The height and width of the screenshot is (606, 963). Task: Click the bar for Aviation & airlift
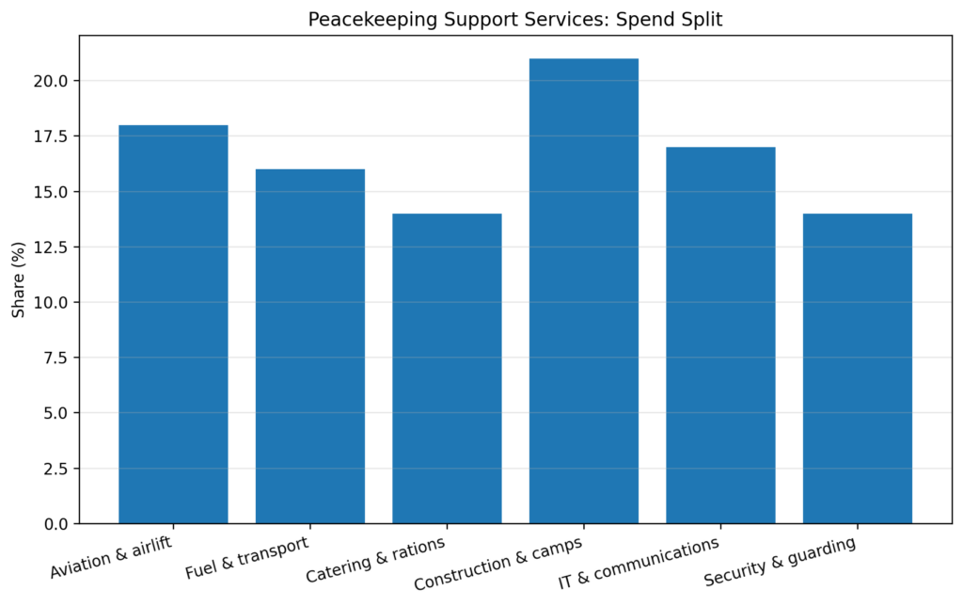(x=173, y=325)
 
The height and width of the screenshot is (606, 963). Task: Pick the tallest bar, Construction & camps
(x=583, y=291)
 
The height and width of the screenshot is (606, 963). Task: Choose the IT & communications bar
(x=720, y=335)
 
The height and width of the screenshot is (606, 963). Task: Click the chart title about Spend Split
(x=515, y=20)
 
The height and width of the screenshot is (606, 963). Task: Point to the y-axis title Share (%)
(x=19, y=279)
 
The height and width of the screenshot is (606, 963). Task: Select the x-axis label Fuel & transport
(x=246, y=558)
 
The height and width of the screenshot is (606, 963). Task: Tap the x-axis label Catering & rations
(x=375, y=562)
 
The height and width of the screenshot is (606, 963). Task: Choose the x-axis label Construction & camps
(x=497, y=565)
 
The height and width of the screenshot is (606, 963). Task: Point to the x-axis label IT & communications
(x=639, y=564)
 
